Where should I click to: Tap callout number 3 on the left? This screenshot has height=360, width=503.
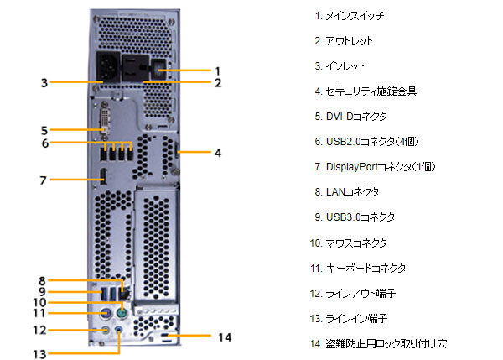[x=43, y=82]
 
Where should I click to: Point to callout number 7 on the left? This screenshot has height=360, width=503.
[x=43, y=179]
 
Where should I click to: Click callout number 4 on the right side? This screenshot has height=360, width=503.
[x=217, y=153]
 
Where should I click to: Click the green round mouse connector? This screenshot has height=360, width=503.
[x=122, y=312]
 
